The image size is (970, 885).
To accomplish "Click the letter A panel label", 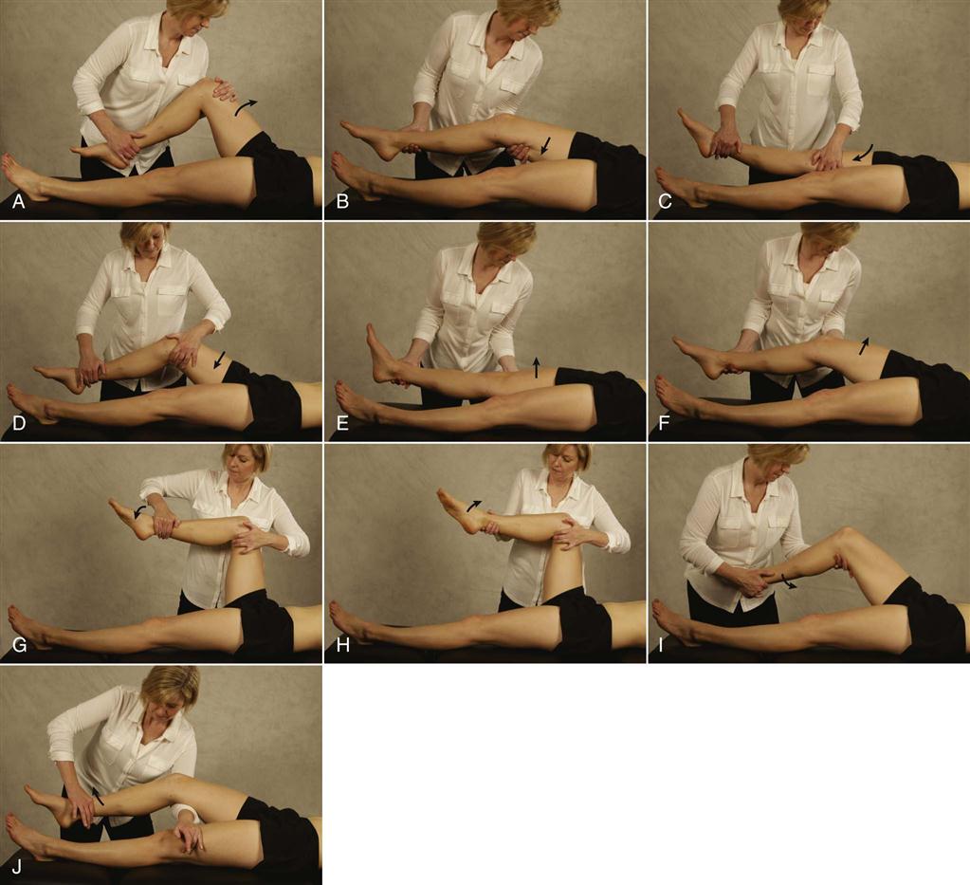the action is [x=19, y=201].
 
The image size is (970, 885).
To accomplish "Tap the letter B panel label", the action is [x=342, y=201].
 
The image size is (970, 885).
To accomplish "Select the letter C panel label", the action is [x=666, y=201].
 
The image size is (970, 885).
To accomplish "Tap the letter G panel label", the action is [x=19, y=645].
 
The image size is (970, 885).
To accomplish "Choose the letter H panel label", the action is [x=342, y=645].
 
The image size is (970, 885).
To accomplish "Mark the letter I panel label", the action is [x=661, y=645].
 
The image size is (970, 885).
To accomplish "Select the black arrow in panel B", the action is [x=545, y=145].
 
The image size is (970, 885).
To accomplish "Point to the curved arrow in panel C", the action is [x=864, y=152].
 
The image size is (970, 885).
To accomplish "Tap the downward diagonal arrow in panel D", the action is [x=219, y=360].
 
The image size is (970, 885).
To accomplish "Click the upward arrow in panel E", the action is [x=537, y=367].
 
